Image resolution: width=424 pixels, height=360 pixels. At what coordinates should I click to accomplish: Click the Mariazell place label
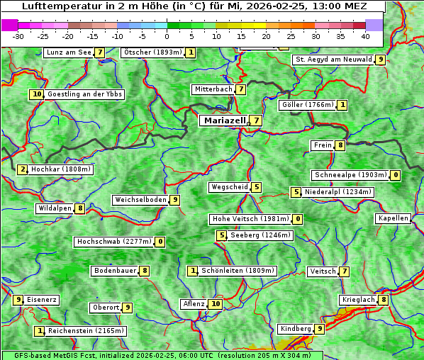pos(224,120)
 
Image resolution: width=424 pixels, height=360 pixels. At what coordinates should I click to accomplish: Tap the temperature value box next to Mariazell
pos(256,120)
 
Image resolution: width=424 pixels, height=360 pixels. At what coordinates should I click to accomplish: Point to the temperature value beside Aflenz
pos(216,304)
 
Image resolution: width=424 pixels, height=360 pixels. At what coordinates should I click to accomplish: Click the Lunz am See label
pos(69,52)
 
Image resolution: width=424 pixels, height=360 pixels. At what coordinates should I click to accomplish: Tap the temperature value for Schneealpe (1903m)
pos(396,175)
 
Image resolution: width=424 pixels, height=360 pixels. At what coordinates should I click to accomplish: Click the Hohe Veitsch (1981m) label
pos(251,219)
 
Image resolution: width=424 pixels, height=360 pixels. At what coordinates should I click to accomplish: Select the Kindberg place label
pos(296,329)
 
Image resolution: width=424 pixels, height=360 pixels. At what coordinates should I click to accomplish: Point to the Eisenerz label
pos(42,300)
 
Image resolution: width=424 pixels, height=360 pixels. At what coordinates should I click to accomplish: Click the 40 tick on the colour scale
pos(365,36)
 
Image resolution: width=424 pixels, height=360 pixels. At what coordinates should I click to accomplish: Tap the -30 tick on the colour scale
pos(18,36)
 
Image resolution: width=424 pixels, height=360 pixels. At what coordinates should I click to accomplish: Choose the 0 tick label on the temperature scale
pos(167,36)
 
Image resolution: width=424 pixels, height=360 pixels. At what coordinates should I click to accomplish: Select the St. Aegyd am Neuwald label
pos(333,60)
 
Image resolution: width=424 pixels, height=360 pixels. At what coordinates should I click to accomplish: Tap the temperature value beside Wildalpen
pos(81,208)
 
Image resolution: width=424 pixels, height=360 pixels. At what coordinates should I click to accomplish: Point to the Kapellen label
pos(393,218)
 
